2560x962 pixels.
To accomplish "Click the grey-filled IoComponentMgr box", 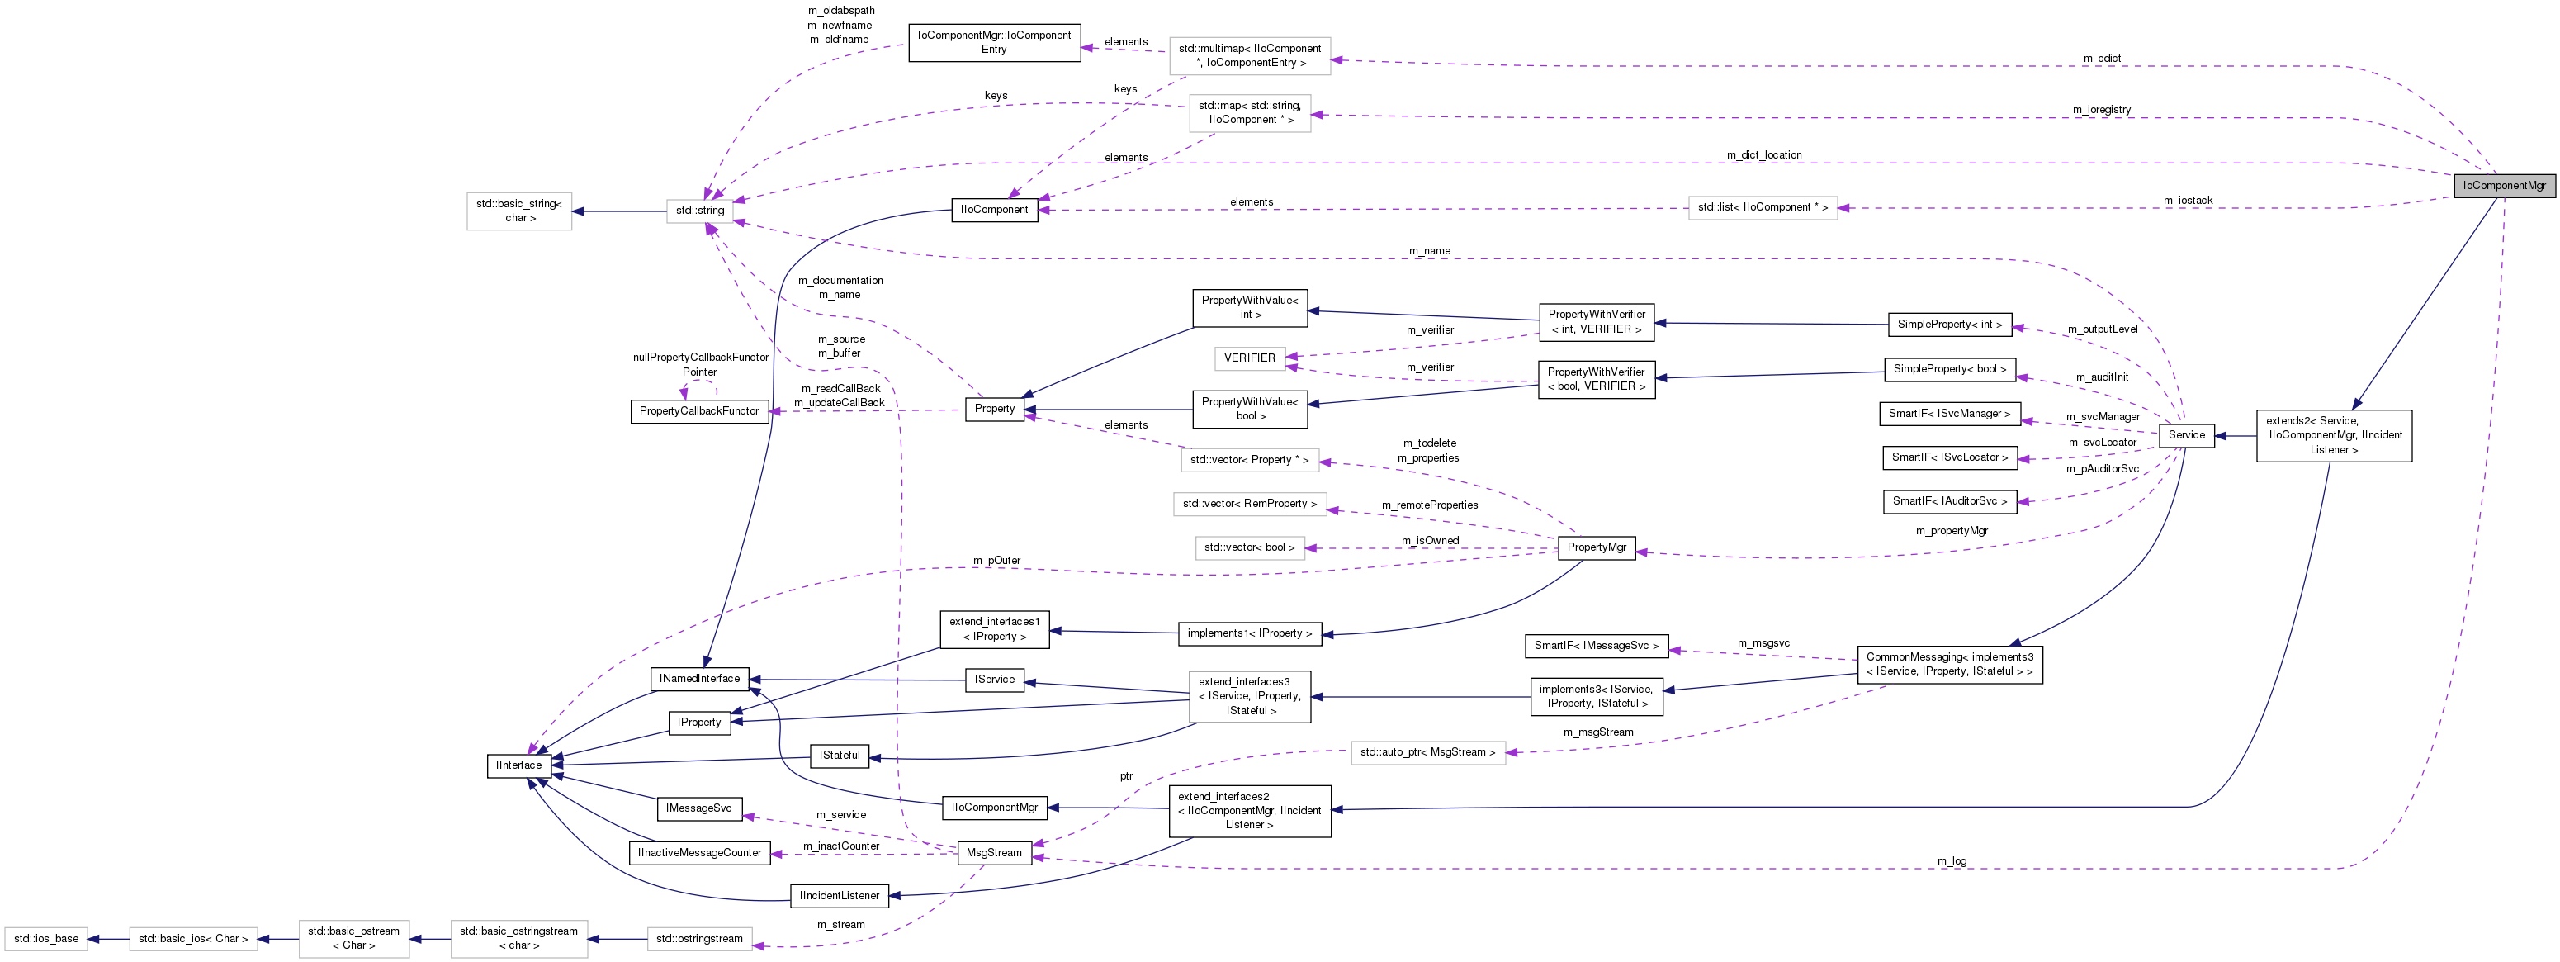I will point(2503,186).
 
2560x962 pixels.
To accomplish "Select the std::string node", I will point(699,211).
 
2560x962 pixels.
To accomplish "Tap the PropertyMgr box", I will point(1596,547).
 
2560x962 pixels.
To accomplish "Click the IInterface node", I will point(518,765).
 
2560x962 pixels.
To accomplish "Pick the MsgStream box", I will point(994,853).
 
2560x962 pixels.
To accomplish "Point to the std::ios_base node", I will point(45,938).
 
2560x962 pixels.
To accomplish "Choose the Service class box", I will point(2186,435).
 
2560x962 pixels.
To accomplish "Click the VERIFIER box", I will point(1249,358).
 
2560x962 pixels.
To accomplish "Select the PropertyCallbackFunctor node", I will point(698,411).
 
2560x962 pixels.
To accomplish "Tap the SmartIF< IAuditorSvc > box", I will point(1949,502).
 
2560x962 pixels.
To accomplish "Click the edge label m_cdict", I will point(2102,59).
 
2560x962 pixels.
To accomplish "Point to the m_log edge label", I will point(1952,860).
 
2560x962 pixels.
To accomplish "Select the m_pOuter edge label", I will point(996,561).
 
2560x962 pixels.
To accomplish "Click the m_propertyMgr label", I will point(1952,531).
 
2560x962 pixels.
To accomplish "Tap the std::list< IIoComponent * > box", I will point(1762,208).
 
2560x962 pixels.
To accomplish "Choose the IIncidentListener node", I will point(839,895).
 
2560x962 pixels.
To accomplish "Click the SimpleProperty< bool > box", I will point(1950,370).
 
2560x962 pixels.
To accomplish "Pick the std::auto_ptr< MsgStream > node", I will point(1427,752).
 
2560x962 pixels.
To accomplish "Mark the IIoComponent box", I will point(994,210).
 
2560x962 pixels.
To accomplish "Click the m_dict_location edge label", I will point(1764,155).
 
